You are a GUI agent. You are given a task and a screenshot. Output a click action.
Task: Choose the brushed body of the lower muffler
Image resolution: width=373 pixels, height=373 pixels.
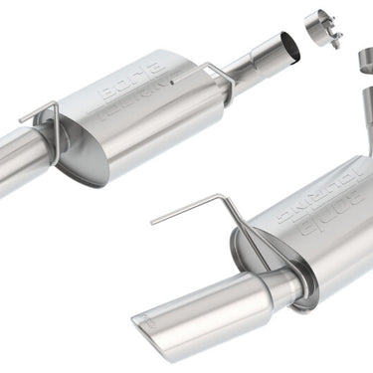coord(318,249)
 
